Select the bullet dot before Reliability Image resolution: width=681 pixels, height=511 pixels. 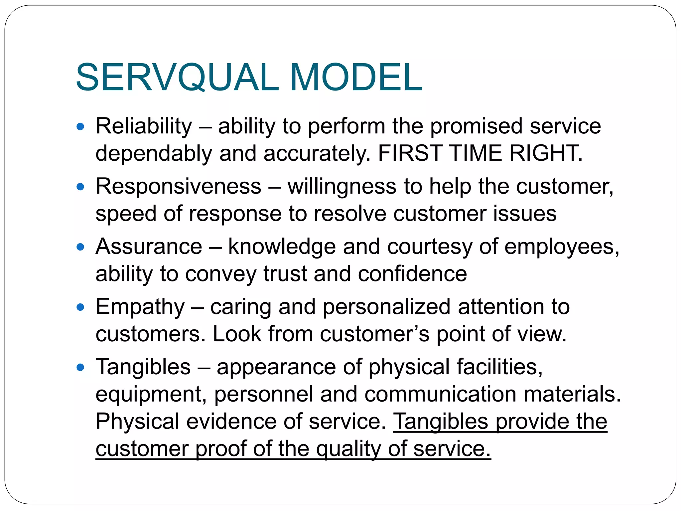point(80,127)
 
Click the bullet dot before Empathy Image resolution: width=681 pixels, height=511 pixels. point(80,307)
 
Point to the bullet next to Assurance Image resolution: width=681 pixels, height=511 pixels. point(80,247)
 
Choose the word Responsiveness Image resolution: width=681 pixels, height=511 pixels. point(179,186)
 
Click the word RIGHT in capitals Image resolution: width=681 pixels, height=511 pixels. point(546,153)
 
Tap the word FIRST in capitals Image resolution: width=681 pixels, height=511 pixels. point(410,153)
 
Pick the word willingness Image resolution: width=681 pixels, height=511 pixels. point(342,187)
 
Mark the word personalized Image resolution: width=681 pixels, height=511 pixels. point(386,307)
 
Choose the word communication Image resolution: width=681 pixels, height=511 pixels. point(440,394)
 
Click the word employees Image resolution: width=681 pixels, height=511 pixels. point(562,247)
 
